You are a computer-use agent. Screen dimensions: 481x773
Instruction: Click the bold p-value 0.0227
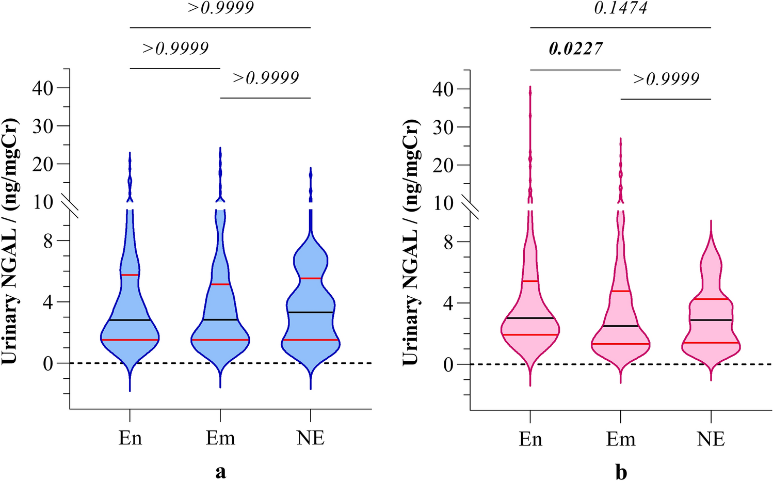(575, 49)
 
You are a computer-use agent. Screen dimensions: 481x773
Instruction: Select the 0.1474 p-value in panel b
(620, 8)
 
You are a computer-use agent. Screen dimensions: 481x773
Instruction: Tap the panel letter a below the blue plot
(220, 472)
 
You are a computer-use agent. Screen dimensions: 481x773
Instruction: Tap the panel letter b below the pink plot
(621, 472)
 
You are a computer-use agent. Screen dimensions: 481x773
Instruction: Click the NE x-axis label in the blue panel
(311, 438)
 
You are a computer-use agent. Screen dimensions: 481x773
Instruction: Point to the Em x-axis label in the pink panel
(621, 439)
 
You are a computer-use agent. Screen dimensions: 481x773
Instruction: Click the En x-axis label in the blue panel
(130, 438)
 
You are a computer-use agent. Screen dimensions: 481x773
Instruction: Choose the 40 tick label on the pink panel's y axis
(443, 89)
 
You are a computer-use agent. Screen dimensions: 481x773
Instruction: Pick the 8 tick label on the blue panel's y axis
(48, 241)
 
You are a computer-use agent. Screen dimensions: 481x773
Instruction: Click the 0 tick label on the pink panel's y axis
(448, 364)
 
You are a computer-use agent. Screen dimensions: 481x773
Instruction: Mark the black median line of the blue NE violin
(311, 312)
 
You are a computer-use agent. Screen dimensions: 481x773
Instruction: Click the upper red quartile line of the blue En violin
(130, 275)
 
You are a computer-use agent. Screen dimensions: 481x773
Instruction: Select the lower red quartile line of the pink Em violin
(621, 344)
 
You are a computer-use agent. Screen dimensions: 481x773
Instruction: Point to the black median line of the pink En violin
(530, 318)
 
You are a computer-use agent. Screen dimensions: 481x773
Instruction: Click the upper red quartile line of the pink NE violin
(711, 299)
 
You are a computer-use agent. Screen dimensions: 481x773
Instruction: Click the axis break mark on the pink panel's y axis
(471, 209)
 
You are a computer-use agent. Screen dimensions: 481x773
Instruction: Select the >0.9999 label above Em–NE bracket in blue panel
(265, 78)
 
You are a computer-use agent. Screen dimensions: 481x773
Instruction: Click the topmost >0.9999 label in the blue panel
(220, 8)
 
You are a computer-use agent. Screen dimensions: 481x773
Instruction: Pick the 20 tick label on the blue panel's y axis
(43, 164)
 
